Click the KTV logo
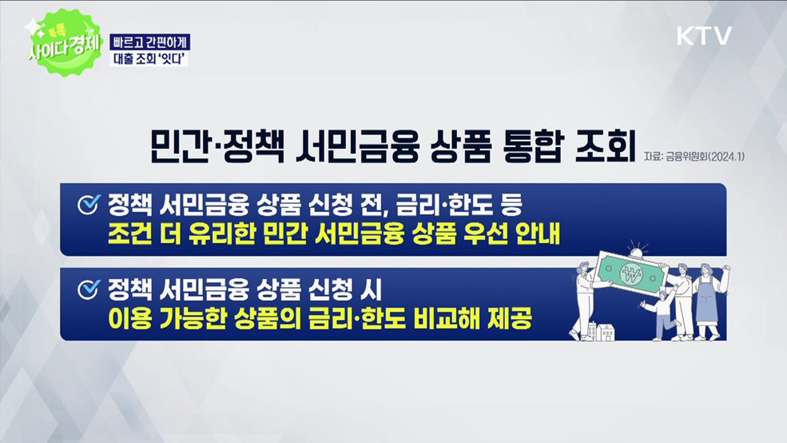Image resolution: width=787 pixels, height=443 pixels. pos(704,36)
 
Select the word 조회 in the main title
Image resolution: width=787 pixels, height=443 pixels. pos(603,147)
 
